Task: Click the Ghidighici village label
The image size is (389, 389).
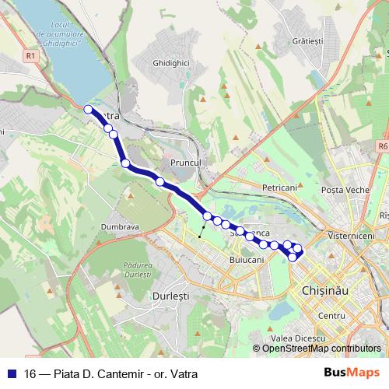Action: click(172, 61)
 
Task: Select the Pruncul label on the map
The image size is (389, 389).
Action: click(185, 162)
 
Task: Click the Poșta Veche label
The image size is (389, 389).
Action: click(345, 190)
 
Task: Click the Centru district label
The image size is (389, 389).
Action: click(331, 316)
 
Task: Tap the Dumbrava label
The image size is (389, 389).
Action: click(119, 226)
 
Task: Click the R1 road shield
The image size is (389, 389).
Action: click(30, 55)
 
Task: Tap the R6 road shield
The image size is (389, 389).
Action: click(382, 145)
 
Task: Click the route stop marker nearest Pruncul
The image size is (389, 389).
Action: click(159, 182)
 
